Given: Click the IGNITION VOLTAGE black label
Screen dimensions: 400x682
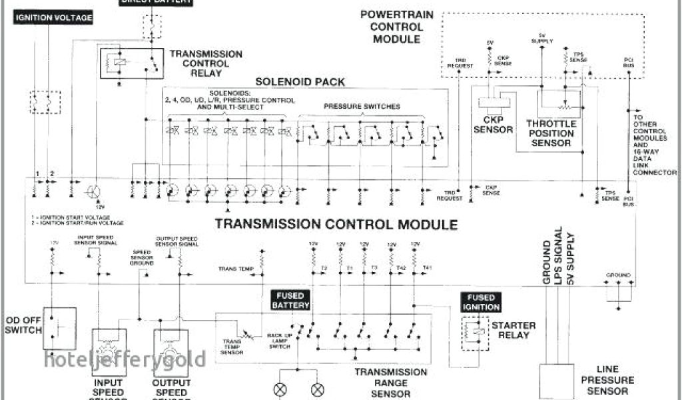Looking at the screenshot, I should coord(53,18).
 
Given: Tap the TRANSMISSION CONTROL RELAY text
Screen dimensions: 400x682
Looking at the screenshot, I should coord(206,63).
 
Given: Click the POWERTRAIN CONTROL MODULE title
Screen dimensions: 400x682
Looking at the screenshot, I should coord(392,27).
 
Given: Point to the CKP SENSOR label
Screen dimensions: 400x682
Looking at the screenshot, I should coord(493,125).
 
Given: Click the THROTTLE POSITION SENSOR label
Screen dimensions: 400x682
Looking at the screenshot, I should coord(551,133).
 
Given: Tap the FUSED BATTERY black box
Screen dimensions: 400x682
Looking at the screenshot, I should coord(290,301).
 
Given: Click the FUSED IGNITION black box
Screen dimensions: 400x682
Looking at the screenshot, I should coord(480,302).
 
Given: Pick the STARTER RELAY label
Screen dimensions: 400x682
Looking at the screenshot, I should coord(513,330).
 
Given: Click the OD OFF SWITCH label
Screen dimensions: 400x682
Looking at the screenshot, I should coord(23,324).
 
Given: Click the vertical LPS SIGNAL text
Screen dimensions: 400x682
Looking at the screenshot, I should coord(558,257).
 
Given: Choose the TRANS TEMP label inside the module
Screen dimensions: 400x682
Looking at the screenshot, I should coord(236,269).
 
